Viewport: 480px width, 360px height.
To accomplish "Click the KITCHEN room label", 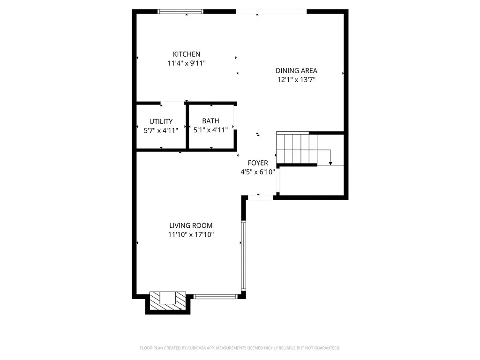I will point(187,54).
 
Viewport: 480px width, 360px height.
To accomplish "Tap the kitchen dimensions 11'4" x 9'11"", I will point(187,63).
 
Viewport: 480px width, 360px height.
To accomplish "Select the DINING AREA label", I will point(296,71).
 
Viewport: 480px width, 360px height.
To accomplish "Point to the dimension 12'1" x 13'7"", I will point(296,80).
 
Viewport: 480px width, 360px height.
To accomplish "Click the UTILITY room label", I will point(161,121).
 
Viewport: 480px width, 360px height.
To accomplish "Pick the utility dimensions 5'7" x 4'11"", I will point(161,130).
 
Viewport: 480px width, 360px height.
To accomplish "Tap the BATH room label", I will point(210,121).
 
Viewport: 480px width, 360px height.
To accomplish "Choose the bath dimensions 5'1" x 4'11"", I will point(210,130).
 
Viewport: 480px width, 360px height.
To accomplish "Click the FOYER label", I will point(258,163).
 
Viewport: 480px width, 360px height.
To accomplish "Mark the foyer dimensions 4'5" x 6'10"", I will point(257,172).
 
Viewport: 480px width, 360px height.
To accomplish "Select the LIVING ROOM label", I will point(191,225).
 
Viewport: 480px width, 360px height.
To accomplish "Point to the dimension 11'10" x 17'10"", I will point(191,234).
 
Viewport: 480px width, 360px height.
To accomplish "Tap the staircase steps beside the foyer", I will point(293,148).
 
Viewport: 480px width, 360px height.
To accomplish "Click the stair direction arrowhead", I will point(330,163).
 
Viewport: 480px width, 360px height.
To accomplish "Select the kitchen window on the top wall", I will point(180,12).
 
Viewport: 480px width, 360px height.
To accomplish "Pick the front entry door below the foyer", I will point(260,198).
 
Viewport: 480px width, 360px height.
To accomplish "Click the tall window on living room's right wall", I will point(243,255).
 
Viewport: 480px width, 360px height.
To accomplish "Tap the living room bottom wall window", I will point(216,296).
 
